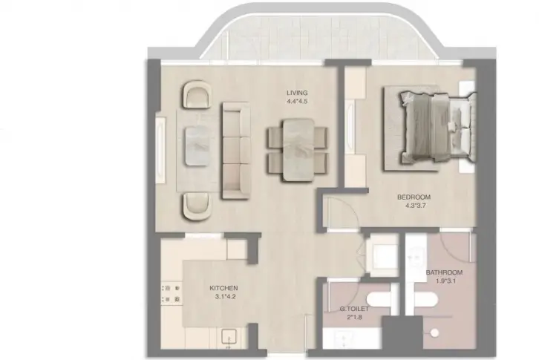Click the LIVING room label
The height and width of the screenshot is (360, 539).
[x=297, y=93]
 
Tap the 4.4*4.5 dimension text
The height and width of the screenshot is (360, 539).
[x=297, y=102]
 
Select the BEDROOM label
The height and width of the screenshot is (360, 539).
[x=414, y=197]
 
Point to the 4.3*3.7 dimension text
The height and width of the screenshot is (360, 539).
[x=414, y=206]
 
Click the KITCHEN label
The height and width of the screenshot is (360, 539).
[x=223, y=288]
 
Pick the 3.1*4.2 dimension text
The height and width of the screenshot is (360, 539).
[x=226, y=297]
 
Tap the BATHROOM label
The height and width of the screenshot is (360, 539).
[x=444, y=272]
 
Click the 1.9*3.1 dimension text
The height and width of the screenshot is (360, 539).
[x=446, y=281]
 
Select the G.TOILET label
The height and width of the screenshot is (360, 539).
[x=354, y=309]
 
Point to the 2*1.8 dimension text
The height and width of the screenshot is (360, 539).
[x=354, y=318]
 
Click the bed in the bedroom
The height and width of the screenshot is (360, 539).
[x=438, y=126]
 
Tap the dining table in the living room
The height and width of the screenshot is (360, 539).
[x=298, y=150]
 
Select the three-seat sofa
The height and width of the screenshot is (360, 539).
[x=236, y=150]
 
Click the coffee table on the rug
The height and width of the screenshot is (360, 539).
[x=197, y=145]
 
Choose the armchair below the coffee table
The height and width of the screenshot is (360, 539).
[x=197, y=206]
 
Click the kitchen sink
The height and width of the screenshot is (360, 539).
[x=229, y=337]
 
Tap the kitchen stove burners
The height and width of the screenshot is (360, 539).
[x=171, y=294]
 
